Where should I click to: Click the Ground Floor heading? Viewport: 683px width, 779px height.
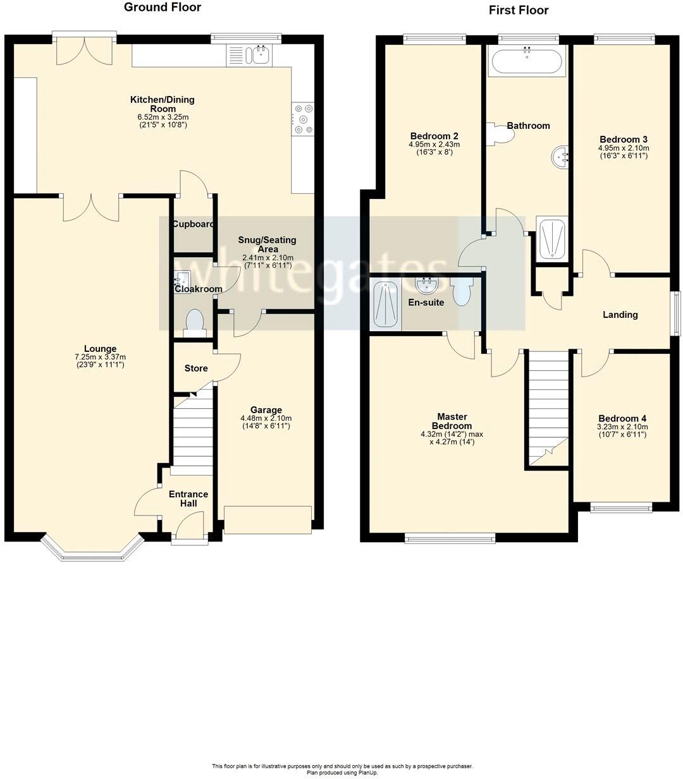[x=162, y=8]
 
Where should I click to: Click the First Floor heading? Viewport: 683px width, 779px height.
[x=518, y=10]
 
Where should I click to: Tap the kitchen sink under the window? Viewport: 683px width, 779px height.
[x=259, y=54]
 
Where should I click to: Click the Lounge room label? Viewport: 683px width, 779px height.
[x=100, y=349]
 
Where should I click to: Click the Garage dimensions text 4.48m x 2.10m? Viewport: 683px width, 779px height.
[x=266, y=418]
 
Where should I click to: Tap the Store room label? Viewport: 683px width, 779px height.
[x=195, y=368]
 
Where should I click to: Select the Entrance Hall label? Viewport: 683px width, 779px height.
[x=188, y=498]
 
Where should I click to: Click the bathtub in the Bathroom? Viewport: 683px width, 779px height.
[x=526, y=62]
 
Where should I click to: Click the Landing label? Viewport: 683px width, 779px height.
[x=620, y=315]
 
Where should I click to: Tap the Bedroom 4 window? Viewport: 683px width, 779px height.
[x=620, y=507]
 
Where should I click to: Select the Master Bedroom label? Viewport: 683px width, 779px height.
[x=452, y=421]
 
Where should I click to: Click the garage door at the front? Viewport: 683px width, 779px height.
[x=268, y=519]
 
